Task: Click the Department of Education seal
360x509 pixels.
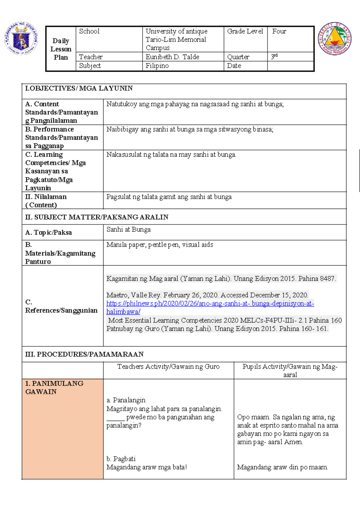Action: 21,38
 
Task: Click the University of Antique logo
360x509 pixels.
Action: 334,39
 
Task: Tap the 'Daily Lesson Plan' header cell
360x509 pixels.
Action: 61,49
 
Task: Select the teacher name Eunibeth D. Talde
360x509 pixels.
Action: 172,57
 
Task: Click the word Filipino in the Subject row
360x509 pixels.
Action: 157,66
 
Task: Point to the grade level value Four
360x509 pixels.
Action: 279,32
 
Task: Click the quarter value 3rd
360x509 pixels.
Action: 274,57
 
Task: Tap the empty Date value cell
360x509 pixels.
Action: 290,66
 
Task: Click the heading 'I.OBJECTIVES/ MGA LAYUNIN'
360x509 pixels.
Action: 79,89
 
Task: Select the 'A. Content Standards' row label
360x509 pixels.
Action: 61,112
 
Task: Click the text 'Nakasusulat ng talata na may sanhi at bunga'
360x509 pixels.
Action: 171,155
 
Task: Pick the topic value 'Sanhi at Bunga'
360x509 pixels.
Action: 128,230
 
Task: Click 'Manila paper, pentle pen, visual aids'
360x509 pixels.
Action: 160,245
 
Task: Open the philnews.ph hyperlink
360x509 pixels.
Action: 210,304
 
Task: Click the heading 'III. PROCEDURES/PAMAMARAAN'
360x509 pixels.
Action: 84,354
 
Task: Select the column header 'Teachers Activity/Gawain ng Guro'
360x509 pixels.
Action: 168,367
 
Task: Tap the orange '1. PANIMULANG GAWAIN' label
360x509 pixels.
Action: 54,387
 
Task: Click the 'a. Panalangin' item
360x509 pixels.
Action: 126,400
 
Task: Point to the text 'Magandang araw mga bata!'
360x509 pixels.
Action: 146,467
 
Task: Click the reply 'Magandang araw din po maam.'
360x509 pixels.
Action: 282,467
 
